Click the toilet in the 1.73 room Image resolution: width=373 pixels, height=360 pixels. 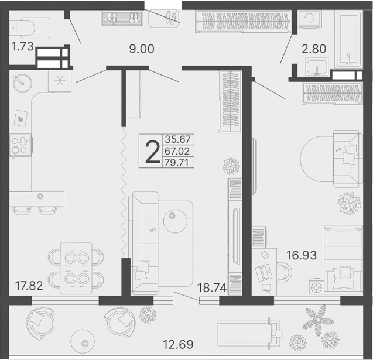click(x=29, y=28)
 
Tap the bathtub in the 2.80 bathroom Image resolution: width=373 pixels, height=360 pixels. click(x=348, y=39)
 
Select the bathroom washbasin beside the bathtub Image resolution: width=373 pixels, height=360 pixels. click(x=317, y=67)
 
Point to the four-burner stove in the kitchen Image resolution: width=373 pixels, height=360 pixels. click(x=20, y=145)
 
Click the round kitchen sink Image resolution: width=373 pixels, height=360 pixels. click(x=22, y=83)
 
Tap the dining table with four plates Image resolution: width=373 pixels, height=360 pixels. click(x=76, y=268)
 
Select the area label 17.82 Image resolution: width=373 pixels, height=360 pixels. click(x=29, y=286)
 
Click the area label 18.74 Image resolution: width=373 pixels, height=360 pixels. click(x=212, y=288)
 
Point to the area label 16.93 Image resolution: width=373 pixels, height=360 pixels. click(x=302, y=255)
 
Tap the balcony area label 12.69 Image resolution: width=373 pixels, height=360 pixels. click(x=178, y=344)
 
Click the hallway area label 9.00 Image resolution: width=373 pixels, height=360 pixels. click(x=142, y=49)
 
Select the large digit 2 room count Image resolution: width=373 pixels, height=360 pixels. click(x=152, y=152)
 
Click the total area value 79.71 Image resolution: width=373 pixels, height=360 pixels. click(x=177, y=163)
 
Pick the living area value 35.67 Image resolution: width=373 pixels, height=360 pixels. click(x=177, y=139)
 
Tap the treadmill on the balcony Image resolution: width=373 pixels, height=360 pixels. click(x=250, y=334)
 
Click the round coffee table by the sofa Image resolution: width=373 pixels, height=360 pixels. click(x=175, y=221)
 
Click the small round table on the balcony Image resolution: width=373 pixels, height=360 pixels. click(x=83, y=341)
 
